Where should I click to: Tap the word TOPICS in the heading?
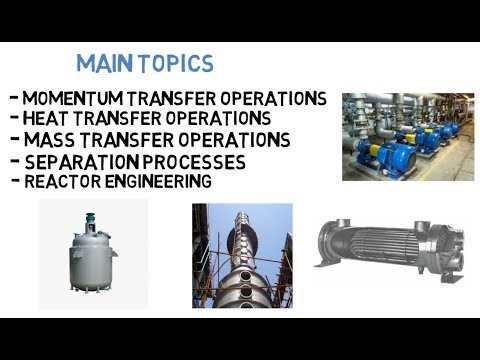pyautogui.click(x=176, y=64)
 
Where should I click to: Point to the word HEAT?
pyautogui.click(x=44, y=119)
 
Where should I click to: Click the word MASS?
pyautogui.click(x=45, y=140)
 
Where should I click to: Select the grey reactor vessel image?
pyautogui.click(x=92, y=254)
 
